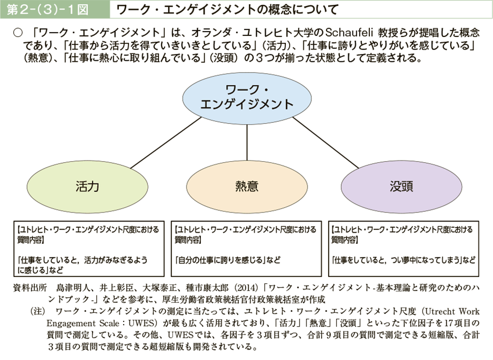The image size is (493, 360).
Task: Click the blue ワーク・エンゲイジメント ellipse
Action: [247, 98]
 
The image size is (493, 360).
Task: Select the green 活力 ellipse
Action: [87, 186]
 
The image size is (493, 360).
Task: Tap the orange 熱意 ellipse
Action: [247, 186]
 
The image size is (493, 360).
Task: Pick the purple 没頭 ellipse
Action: [402, 186]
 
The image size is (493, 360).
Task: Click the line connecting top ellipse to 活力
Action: [166, 143]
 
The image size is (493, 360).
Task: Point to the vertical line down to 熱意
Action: [247, 142]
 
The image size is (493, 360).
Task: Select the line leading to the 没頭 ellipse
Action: [325, 143]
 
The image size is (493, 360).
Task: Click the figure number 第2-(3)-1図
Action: [48, 10]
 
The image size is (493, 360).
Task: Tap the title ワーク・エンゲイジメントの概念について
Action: [227, 10]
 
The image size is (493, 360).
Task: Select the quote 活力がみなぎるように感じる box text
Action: [82, 265]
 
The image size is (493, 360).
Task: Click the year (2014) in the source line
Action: [245, 288]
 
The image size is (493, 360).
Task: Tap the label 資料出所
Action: [30, 288]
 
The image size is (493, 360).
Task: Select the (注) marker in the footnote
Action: [38, 311]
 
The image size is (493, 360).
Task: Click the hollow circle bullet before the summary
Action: [17, 32]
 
